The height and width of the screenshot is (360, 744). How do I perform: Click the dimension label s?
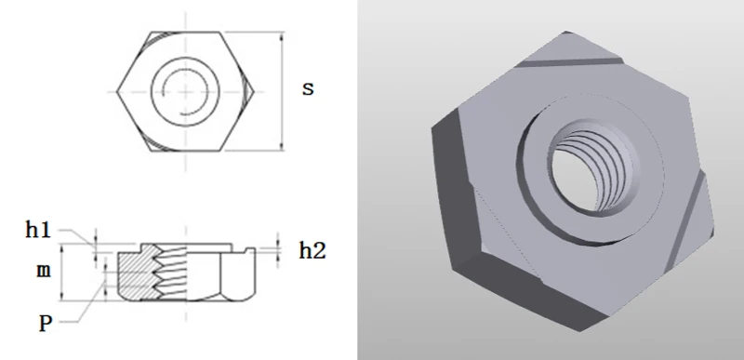point(308,89)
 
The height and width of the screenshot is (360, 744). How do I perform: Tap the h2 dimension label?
point(312,249)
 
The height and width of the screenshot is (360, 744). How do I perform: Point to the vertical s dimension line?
point(282,93)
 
